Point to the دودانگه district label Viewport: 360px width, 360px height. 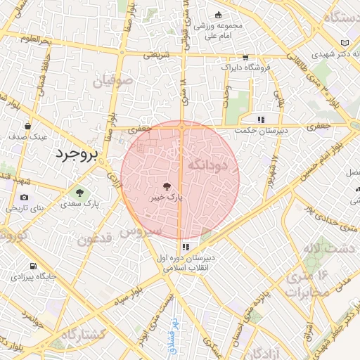[x=209, y=165]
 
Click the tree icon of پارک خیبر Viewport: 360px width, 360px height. [x=167, y=187]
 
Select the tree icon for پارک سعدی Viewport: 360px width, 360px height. [x=79, y=193]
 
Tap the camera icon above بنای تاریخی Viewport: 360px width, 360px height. [x=25, y=198]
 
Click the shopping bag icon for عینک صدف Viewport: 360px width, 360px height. [x=27, y=127]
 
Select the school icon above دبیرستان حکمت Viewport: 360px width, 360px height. [x=261, y=119]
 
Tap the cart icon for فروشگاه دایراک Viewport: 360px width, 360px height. [x=245, y=58]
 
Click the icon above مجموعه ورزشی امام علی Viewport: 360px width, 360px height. [x=219, y=15]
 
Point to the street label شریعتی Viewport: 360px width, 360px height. [x=157, y=54]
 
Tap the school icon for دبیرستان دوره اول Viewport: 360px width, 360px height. [x=186, y=247]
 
